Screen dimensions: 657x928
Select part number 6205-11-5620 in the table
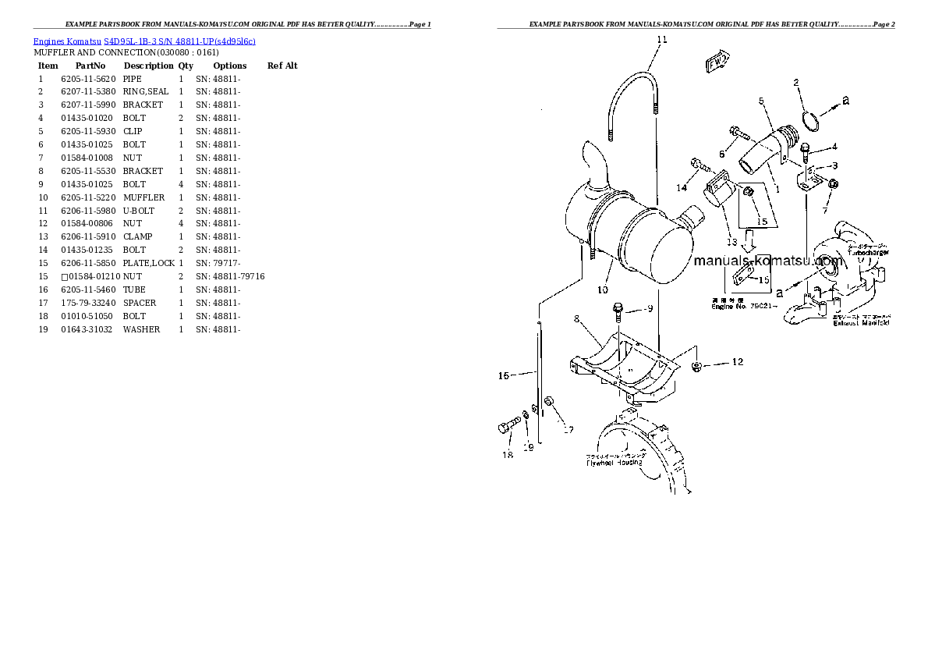point(88,79)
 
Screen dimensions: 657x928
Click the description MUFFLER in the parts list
point(143,198)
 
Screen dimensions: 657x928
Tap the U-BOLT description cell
point(139,211)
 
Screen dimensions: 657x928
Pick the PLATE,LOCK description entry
point(148,264)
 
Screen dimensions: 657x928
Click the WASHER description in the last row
point(141,330)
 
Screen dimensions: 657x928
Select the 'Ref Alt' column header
point(282,66)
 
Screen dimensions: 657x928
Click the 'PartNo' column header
point(90,66)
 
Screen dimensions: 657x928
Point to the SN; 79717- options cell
point(218,264)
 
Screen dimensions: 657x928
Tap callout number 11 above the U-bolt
point(661,39)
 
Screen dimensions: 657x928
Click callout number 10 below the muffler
point(602,290)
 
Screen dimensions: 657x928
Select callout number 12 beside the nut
point(737,362)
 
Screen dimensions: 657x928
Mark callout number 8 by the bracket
point(577,318)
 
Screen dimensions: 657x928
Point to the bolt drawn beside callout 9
point(618,311)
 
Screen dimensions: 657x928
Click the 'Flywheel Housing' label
point(615,463)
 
